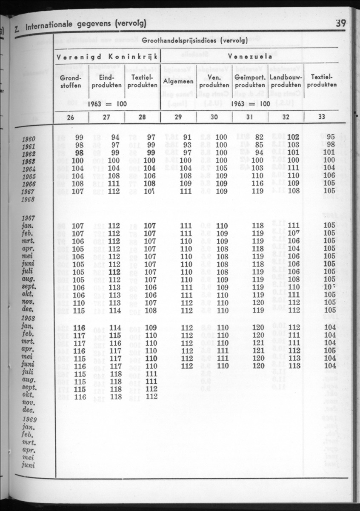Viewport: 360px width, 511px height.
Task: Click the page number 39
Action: click(340, 23)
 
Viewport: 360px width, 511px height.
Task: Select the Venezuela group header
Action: click(249, 56)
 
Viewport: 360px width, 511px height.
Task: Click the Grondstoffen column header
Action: click(71, 81)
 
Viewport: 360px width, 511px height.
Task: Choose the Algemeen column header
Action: click(178, 81)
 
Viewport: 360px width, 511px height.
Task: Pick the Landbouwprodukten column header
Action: click(286, 81)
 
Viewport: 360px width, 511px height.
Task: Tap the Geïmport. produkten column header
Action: click(250, 81)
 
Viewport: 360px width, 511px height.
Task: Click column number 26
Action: click(71, 117)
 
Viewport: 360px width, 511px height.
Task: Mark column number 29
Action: click(178, 117)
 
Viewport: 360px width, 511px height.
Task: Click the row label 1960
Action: click(29, 138)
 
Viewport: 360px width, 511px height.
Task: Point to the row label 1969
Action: click(29, 419)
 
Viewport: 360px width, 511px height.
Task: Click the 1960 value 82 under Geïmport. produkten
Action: click(259, 138)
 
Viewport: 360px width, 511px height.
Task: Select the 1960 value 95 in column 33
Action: click(331, 138)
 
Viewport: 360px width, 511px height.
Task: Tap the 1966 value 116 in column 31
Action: click(257, 184)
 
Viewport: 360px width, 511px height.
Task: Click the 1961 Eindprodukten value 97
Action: click(115, 145)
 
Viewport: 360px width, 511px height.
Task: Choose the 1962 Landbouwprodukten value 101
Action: click(294, 153)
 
